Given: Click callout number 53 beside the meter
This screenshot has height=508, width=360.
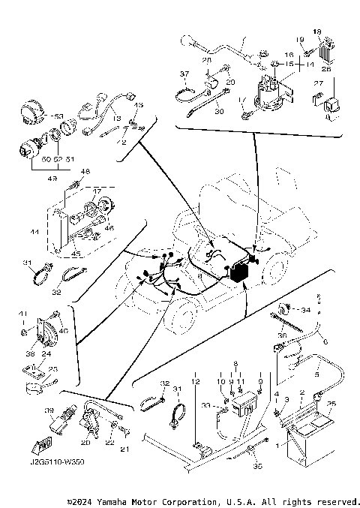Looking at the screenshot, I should click(x=59, y=116).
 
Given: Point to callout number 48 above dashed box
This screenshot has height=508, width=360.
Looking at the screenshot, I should click(x=85, y=172).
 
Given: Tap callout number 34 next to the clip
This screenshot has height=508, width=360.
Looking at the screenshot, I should click(x=305, y=309).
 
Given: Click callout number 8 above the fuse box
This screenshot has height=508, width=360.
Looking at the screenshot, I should click(x=259, y=380).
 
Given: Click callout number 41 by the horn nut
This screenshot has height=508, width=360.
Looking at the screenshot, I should click(x=22, y=314).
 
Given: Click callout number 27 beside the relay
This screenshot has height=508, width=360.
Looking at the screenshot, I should click(x=317, y=83).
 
